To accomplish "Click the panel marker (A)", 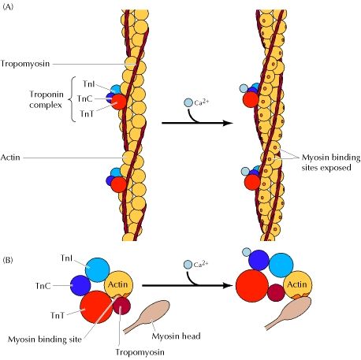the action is pos(7,6).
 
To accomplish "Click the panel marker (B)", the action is pos(8,260).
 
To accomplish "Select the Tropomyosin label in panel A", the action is pos(25,64).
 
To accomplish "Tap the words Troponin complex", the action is pos(46,99).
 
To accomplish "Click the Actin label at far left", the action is pos(10,158).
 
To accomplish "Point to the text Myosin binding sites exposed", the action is pos(331,162).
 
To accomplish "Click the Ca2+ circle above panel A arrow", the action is pos(188,102).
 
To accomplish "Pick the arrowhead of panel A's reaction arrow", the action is pos(228,123).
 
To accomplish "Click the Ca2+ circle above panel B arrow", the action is pos(188,265).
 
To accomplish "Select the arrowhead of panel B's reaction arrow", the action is pos(228,285).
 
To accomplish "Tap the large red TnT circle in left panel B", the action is pos(96,307).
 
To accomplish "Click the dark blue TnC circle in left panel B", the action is pos(80,285).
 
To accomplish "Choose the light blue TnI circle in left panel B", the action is pos(97,270).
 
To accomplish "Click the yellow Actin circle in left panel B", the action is pos(118,285).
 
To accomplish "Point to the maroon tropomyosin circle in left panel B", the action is pos(122,306).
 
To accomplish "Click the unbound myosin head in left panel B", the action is pos(148,316).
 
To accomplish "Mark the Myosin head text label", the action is pos(176,336).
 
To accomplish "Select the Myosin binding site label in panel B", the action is pos(45,340).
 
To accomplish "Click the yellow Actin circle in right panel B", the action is pos(298,285).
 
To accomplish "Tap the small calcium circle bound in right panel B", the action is pos(247,252).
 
